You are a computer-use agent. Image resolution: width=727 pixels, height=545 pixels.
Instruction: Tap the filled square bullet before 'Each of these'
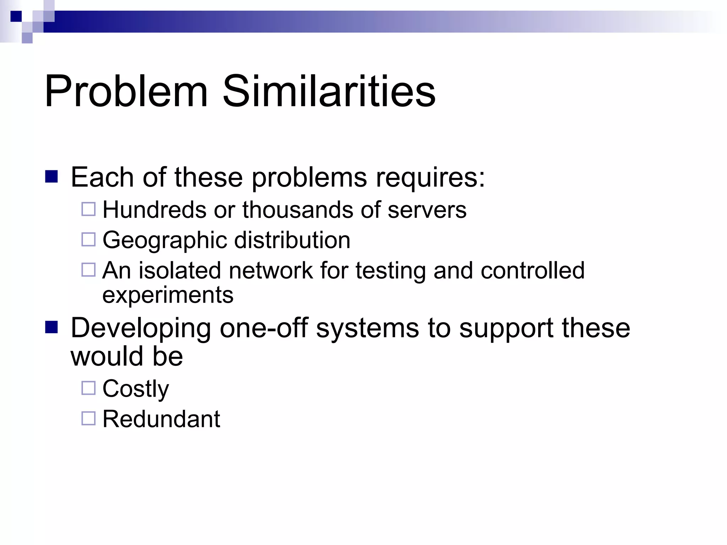(51, 176)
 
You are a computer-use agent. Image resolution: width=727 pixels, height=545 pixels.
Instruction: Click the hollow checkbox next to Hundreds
(88, 209)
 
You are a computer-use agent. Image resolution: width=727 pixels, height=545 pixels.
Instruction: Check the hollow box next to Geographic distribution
(88, 240)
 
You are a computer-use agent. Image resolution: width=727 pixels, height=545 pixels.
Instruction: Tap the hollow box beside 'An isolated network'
(88, 270)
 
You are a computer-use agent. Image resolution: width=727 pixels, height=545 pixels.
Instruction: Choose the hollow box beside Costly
(88, 388)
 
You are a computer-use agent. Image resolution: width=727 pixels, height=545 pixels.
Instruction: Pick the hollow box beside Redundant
(88, 418)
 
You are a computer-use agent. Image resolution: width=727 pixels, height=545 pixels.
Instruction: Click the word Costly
(136, 389)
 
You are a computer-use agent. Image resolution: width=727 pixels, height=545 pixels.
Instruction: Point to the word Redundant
(161, 419)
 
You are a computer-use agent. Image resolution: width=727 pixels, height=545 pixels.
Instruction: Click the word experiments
(168, 295)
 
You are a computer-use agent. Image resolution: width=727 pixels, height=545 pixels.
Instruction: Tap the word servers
(427, 210)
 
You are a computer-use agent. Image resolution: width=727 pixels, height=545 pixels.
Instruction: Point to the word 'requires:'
(430, 177)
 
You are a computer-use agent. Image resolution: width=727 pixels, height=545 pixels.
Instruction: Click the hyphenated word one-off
(264, 328)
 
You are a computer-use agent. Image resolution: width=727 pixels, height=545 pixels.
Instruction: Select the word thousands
(298, 210)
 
